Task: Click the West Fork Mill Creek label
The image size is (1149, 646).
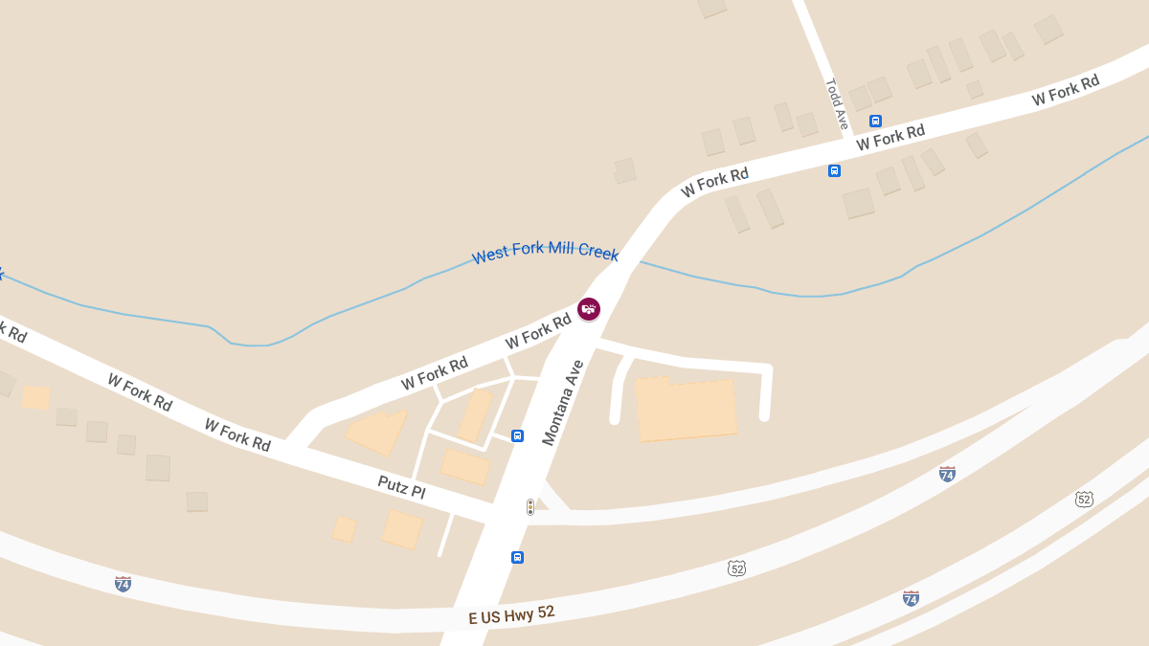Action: (x=545, y=253)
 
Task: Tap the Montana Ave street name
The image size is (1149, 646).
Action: (x=562, y=403)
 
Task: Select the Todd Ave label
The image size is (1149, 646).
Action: (x=836, y=103)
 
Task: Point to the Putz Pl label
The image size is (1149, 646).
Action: (x=401, y=488)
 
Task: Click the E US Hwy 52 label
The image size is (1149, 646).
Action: (x=511, y=614)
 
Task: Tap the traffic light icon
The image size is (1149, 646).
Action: (x=529, y=506)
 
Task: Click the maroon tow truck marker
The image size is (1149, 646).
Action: (x=589, y=308)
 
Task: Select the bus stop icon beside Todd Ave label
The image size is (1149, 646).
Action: (x=875, y=121)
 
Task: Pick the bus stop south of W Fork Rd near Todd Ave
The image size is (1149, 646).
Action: (x=834, y=170)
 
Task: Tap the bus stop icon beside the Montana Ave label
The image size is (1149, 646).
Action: (x=517, y=436)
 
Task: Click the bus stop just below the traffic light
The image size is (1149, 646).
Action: (x=517, y=557)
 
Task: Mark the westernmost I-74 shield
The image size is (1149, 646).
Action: (x=123, y=583)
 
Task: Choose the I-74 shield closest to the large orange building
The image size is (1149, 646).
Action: (x=947, y=474)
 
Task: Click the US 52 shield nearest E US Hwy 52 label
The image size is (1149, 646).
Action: (x=735, y=568)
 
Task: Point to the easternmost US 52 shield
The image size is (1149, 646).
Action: (x=1084, y=499)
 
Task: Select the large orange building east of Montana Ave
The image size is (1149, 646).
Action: (x=687, y=410)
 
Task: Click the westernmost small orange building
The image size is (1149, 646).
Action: (x=35, y=397)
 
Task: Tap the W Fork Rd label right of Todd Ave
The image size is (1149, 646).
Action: (x=890, y=137)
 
